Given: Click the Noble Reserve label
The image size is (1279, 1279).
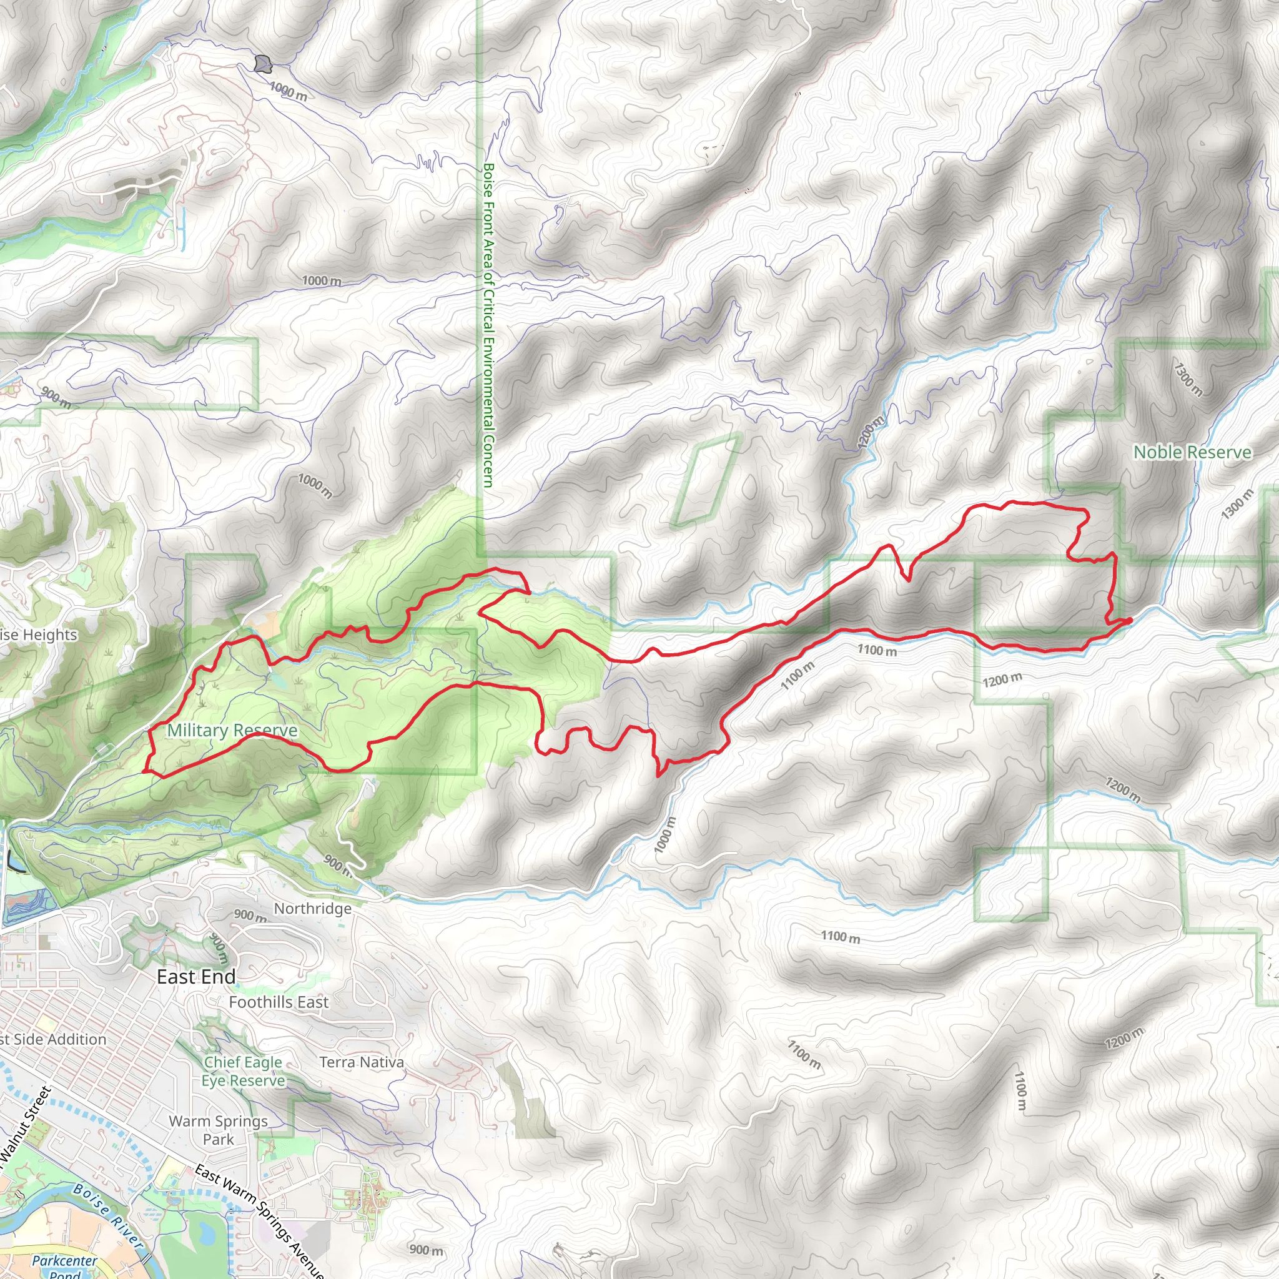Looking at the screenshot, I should coord(1192,452).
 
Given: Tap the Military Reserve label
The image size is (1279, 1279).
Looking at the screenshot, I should coord(232,730).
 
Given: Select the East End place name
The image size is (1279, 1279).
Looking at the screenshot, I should coord(196,977).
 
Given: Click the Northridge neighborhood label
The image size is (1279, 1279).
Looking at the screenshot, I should coord(312,908).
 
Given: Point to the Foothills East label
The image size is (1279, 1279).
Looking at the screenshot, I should coord(278,1002).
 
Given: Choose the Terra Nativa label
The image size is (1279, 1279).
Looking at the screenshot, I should coord(362,1062).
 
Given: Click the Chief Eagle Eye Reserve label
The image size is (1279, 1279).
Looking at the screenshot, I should coord(243,1071).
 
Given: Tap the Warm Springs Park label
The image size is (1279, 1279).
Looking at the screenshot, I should coord(219,1130).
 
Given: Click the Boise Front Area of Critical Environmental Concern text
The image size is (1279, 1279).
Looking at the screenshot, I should coord(488,324).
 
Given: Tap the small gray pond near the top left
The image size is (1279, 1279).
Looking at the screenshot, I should coord(264,64).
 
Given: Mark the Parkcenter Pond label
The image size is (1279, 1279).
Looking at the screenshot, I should coord(64,1266).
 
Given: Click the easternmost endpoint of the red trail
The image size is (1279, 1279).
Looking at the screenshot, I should coord(1130,620).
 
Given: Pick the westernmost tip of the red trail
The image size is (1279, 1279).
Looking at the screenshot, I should coord(144,771).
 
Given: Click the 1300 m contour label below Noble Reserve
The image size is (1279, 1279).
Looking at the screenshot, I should coord(1237,504).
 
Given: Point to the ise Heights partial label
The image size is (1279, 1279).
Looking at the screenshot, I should coord(38,635).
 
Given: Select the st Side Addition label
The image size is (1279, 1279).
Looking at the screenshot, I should coord(53,1039).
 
